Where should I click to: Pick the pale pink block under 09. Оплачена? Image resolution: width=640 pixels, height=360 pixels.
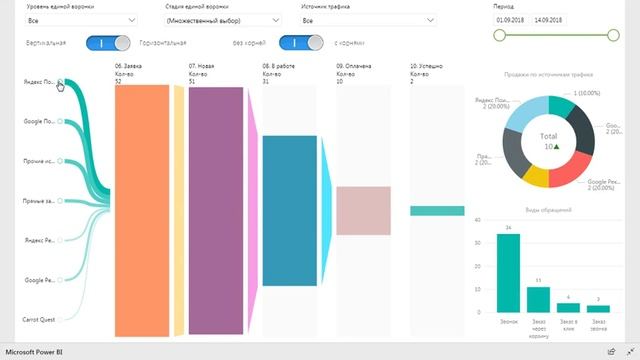[363, 210]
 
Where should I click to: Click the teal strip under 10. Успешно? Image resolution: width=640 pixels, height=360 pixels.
[437, 211]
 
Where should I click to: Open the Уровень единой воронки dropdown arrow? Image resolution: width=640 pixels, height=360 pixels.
[132, 20]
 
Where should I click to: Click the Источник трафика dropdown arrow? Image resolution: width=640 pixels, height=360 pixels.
[429, 20]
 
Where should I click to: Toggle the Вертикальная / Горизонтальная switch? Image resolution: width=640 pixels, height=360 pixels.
[108, 43]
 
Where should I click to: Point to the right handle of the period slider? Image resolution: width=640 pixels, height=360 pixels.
[613, 35]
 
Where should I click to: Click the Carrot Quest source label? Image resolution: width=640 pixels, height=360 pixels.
[39, 319]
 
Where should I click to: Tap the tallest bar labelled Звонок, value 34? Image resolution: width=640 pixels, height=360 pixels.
[508, 272]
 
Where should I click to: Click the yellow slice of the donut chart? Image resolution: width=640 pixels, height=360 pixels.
[537, 178]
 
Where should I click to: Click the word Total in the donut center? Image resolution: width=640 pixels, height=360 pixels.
[548, 134]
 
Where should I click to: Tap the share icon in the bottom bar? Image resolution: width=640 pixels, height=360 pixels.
[610, 352]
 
